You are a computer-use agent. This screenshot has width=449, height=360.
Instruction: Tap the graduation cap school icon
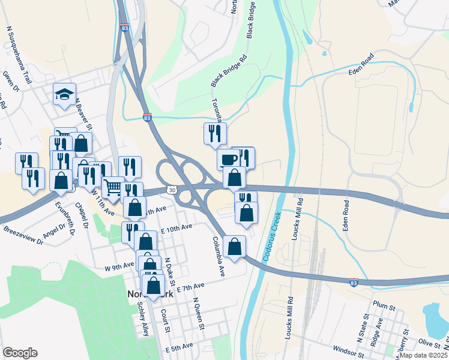point(64,94)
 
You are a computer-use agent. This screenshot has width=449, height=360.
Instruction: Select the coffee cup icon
point(228,160)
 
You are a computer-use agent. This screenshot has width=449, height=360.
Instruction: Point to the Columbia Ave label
point(218,256)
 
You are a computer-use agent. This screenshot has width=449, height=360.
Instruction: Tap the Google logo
point(20,353)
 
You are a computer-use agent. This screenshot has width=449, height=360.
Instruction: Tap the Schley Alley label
point(144,319)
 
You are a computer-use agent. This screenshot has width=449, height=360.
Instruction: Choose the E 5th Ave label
point(179,347)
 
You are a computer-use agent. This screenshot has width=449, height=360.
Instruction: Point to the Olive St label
point(429,343)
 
